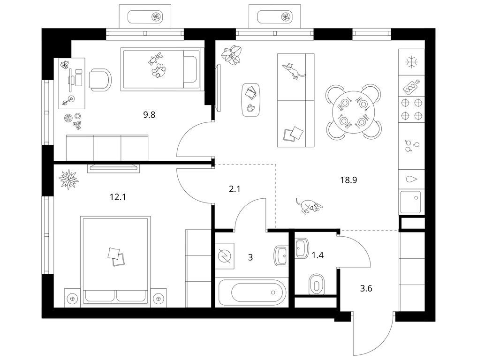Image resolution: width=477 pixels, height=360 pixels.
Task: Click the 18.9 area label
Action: click(348, 180)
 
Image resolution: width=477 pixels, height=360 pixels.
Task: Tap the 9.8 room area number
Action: click(149, 115)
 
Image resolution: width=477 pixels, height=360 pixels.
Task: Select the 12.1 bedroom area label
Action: click(118, 197)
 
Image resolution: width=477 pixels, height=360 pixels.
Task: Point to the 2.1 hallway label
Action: click(235, 189)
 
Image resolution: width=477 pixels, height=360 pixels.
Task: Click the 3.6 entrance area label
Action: click(366, 288)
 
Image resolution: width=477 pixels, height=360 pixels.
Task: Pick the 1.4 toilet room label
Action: click(317, 255)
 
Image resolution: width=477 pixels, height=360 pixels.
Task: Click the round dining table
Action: click(353, 112)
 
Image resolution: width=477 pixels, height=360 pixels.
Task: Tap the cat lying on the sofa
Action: click(294, 71)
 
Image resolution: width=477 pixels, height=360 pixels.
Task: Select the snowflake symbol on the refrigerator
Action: click(412, 62)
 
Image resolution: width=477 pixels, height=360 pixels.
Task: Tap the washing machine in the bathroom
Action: click(225, 256)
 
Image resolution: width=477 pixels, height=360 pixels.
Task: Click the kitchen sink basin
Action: click(411, 202)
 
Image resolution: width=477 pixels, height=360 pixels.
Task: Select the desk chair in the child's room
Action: click(100, 80)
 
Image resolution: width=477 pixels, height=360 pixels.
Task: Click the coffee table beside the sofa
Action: click(251, 100)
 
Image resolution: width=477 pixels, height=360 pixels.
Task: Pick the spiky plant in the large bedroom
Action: click(68, 180)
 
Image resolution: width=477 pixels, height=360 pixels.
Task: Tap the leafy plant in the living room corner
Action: click(231, 54)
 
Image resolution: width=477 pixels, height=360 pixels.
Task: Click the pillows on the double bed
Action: click(116, 257)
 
